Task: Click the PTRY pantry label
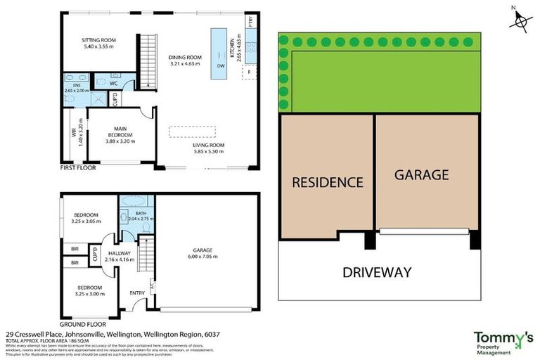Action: (250, 22)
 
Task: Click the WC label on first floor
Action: (113, 83)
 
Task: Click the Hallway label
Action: (120, 254)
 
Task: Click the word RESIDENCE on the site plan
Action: (327, 182)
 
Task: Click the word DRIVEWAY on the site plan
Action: (377, 272)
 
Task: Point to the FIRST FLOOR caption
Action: (77, 169)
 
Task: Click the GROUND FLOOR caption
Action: (80, 315)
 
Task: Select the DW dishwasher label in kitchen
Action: (221, 67)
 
